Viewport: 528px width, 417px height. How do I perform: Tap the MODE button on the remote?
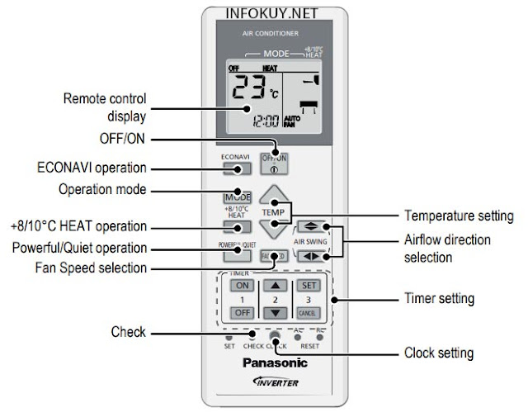pyautogui.click(x=237, y=197)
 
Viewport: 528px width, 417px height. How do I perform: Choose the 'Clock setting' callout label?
pyautogui.click(x=439, y=353)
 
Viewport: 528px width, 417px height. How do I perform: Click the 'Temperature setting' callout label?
pyautogui.click(x=459, y=216)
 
